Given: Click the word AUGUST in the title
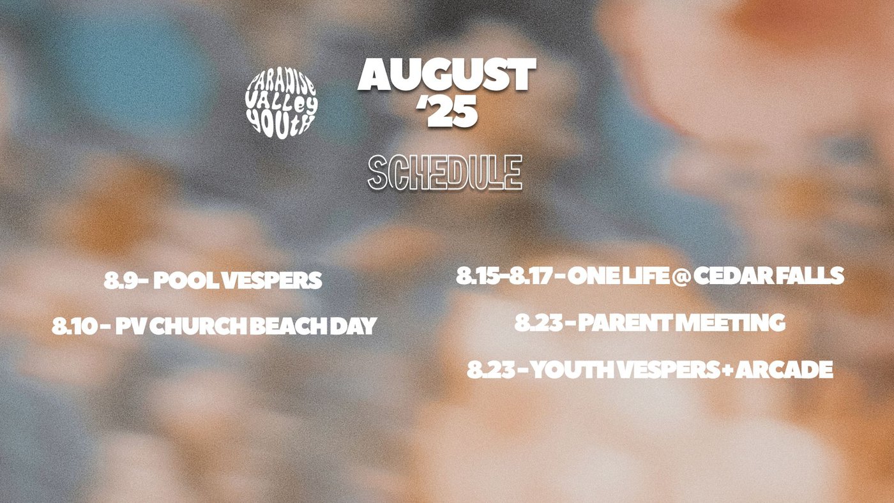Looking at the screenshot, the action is point(446,75).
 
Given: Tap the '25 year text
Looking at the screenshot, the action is point(446,111).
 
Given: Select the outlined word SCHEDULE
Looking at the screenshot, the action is point(445,172).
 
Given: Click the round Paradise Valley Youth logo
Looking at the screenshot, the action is point(282,103).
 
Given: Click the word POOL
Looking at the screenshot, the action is point(186,280).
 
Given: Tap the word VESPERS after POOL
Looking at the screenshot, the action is point(271,280).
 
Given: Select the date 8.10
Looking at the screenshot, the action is point(75,326).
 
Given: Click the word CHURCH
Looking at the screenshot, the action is point(199,326).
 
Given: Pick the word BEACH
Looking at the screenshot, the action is point(288,326).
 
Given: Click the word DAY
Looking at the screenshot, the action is point(353,326).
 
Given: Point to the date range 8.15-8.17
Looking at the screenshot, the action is point(504,276).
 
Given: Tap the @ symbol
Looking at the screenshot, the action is point(681,276).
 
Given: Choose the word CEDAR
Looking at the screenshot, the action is point(733,276).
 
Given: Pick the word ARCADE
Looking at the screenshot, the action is point(784,370).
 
